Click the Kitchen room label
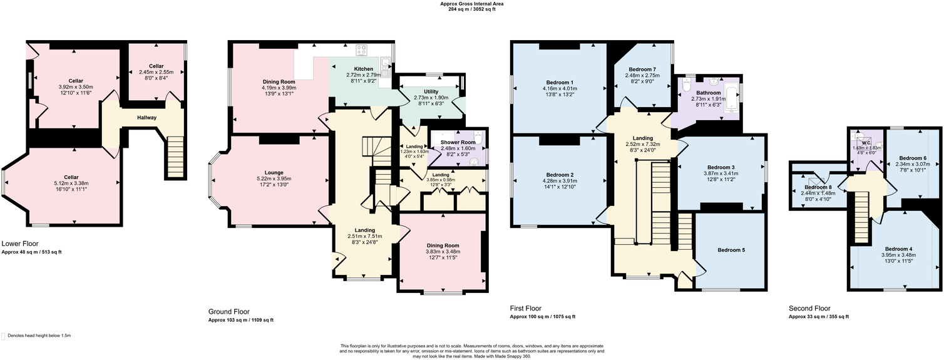[363, 69]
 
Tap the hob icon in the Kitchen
[362, 49]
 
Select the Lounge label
[274, 173]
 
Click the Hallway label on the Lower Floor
[147, 118]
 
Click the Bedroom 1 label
[559, 83]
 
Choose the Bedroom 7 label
[643, 69]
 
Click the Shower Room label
[458, 142]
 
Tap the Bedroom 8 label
[818, 187]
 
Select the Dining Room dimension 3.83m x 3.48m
[443, 252]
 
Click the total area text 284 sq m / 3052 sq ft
[471, 10]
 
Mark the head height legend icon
[4, 336]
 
